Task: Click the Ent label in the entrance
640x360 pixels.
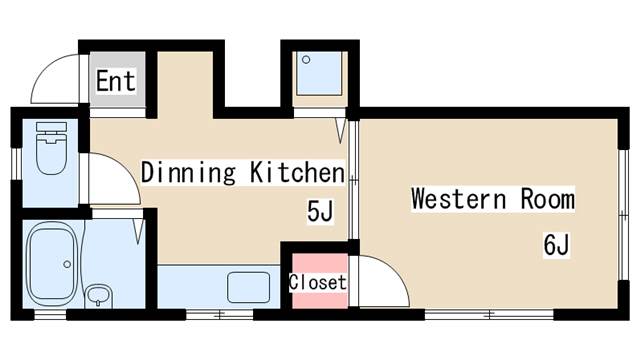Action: (x=116, y=81)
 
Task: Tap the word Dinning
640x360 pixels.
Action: (x=188, y=172)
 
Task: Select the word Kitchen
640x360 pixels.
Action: (x=298, y=172)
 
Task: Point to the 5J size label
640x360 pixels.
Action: (x=320, y=211)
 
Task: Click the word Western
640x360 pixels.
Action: (x=459, y=199)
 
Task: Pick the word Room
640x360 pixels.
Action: (x=548, y=199)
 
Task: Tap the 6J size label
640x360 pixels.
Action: (x=556, y=244)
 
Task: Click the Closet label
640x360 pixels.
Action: (x=318, y=282)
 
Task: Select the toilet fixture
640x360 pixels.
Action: (x=51, y=148)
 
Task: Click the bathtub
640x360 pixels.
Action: (x=52, y=264)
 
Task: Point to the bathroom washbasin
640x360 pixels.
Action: (x=98, y=295)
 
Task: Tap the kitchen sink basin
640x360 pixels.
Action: (x=249, y=287)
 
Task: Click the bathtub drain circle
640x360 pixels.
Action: (x=67, y=264)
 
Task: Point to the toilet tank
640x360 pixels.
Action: (x=51, y=127)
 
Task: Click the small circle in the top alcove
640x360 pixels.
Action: (x=306, y=60)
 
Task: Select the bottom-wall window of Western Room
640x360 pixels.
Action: (x=489, y=314)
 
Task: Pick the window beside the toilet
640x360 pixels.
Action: (x=16, y=163)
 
